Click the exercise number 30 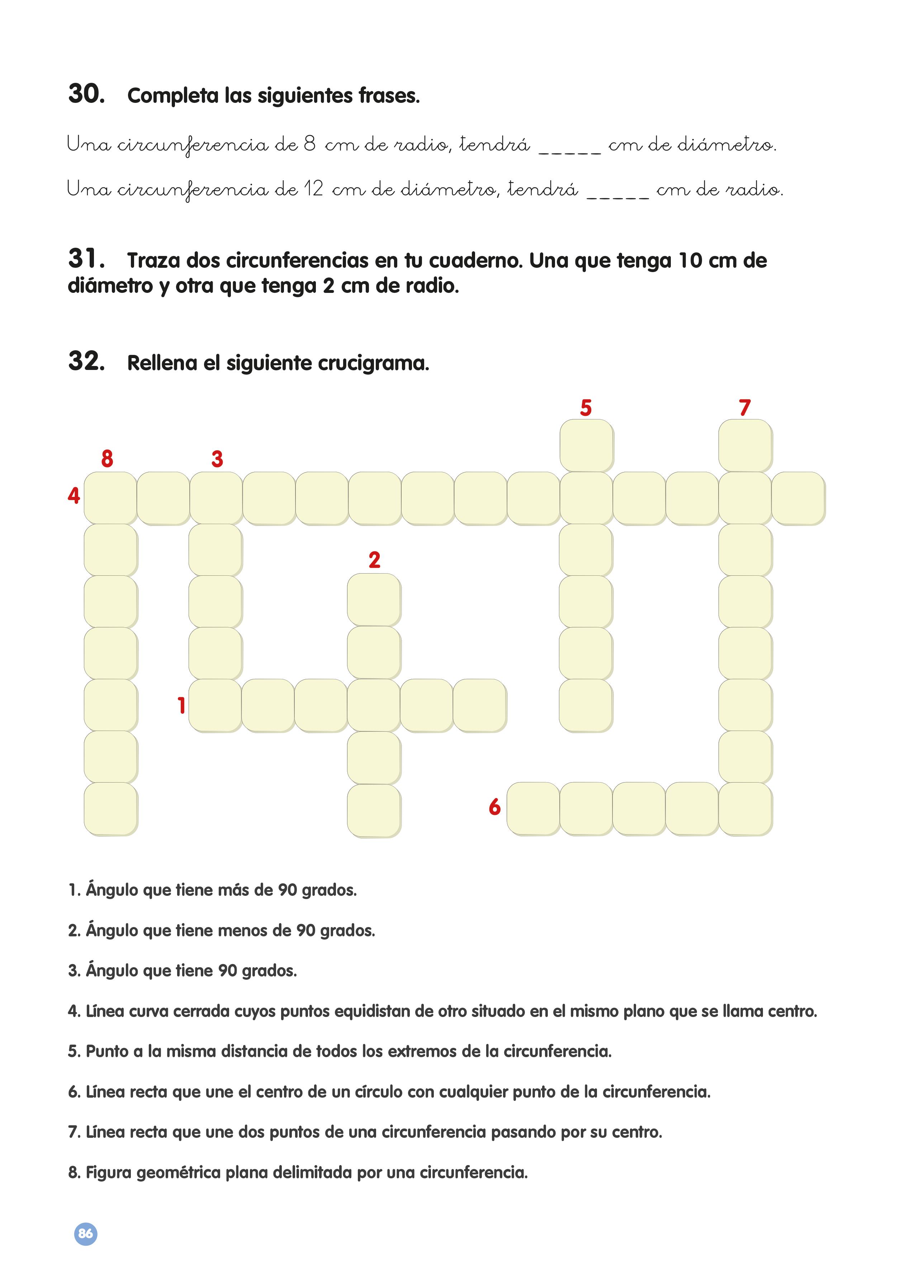(86, 94)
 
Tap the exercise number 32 (86, 361)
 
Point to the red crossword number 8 (107, 459)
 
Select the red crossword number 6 (495, 807)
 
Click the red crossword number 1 (181, 705)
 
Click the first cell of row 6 (533, 808)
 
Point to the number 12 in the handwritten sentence (313, 189)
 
